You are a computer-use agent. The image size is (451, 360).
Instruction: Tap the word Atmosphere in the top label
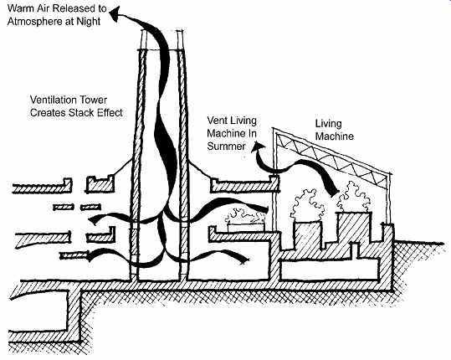click(x=36, y=22)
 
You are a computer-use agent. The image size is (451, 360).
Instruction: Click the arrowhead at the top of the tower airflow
click(x=115, y=14)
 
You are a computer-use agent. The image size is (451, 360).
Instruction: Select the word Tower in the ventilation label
click(x=93, y=100)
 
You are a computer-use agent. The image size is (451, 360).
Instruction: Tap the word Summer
click(x=227, y=147)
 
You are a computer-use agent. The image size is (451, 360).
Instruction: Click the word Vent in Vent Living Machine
click(x=216, y=121)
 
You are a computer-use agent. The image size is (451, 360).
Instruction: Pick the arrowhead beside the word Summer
click(x=257, y=147)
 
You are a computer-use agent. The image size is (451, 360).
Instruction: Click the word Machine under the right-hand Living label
click(x=335, y=136)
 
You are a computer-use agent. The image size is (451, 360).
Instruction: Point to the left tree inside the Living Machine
click(x=307, y=205)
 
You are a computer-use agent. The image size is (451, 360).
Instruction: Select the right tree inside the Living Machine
click(x=353, y=197)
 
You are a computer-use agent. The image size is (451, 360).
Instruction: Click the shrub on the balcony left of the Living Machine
click(x=245, y=217)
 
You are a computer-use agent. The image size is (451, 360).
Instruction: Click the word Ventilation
click(x=54, y=100)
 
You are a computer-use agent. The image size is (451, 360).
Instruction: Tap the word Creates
click(x=48, y=112)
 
